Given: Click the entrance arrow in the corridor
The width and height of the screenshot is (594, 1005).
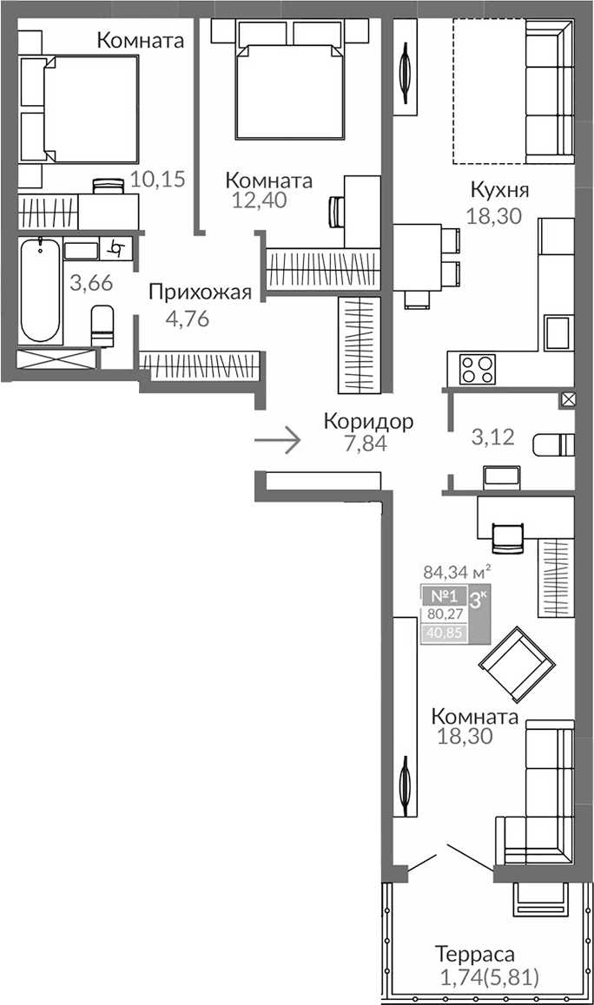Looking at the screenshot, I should pos(277,441).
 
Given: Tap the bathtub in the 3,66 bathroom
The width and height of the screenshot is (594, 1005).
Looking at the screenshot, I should pos(41,291).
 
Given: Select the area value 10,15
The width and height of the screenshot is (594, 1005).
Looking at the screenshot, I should pos(157,180).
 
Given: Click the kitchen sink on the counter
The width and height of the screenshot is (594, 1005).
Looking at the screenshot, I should pos(556,332).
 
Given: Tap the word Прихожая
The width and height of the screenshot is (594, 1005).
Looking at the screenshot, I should pos(200,292).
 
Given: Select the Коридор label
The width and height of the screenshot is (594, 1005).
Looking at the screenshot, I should pos(368,422).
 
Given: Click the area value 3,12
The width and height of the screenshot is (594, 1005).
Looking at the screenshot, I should pos(492,437).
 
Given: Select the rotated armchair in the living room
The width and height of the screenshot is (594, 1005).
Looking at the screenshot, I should pos(516,664).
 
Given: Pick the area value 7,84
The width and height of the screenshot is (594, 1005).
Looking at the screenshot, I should pos(366,443).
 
